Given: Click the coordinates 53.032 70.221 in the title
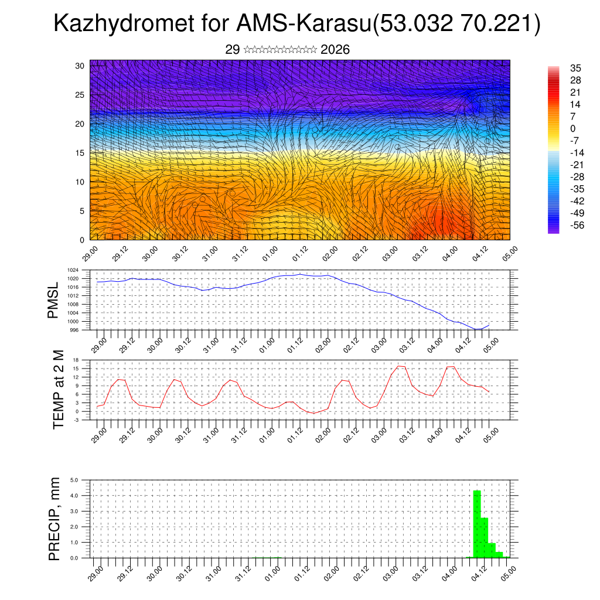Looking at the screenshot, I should point(455,24).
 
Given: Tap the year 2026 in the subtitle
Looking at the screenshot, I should point(335,50).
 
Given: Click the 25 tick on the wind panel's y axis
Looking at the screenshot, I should point(80,95).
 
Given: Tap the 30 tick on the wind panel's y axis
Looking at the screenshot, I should point(80,66).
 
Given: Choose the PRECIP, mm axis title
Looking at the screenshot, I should point(55,519).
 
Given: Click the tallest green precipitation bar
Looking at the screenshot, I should point(477,524).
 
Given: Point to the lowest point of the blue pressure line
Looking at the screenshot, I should point(478,329).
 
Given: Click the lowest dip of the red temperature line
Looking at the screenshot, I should point(314,413).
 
